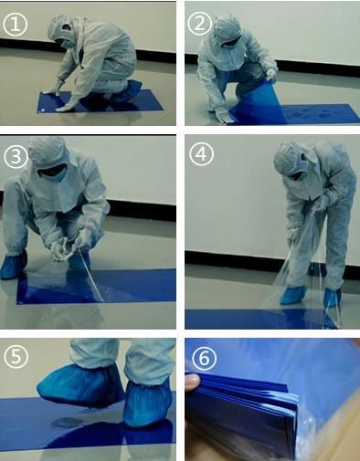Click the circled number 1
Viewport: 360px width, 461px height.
point(16,25)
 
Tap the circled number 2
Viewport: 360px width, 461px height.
point(200,24)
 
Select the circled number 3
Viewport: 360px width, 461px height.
point(16,157)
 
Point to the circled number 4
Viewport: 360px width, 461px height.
point(201,154)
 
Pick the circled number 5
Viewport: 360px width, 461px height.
point(16,356)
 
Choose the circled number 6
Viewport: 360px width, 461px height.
point(205,358)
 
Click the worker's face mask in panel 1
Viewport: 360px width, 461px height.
point(68,44)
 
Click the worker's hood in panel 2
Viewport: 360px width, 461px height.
point(226,30)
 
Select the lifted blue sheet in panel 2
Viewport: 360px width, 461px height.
point(258,103)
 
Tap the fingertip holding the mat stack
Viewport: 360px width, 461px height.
point(193,382)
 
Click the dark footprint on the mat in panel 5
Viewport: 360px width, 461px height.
point(67,422)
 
